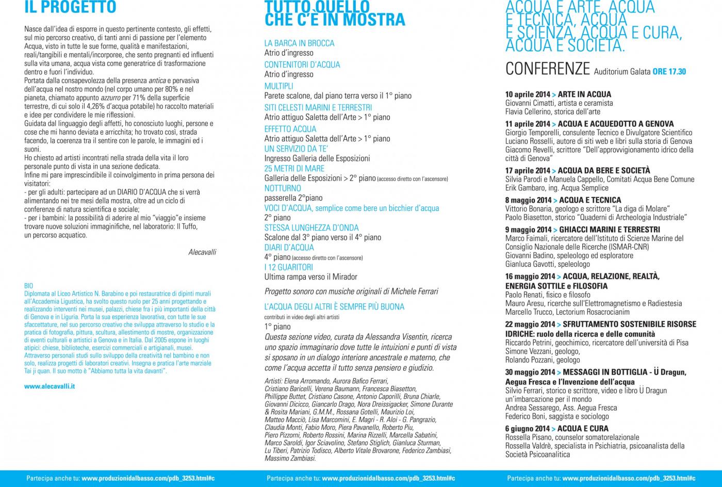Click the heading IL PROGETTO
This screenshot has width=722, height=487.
click(70, 8)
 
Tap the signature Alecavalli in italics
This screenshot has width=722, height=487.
click(202, 252)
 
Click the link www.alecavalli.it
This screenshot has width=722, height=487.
click(50, 386)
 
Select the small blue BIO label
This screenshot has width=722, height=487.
click(28, 285)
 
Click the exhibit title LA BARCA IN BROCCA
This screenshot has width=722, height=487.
click(299, 43)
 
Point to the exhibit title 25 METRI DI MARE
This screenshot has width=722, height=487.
click(294, 169)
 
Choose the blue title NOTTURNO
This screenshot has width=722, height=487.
click(282, 188)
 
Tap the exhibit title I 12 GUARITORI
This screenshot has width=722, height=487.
click(288, 267)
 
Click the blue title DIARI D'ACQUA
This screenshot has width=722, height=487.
click(289, 248)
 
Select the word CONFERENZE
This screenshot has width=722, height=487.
click(547, 69)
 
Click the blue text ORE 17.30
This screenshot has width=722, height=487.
click(669, 72)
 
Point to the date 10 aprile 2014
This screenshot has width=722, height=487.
click(528, 94)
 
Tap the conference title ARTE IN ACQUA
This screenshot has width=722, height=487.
click(584, 94)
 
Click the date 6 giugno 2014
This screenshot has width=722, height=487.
click(527, 429)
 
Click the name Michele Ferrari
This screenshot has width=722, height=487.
click(415, 291)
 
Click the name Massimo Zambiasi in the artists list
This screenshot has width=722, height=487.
click(290, 458)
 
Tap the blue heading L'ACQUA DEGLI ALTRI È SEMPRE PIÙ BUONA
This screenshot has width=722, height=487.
click(334, 307)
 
